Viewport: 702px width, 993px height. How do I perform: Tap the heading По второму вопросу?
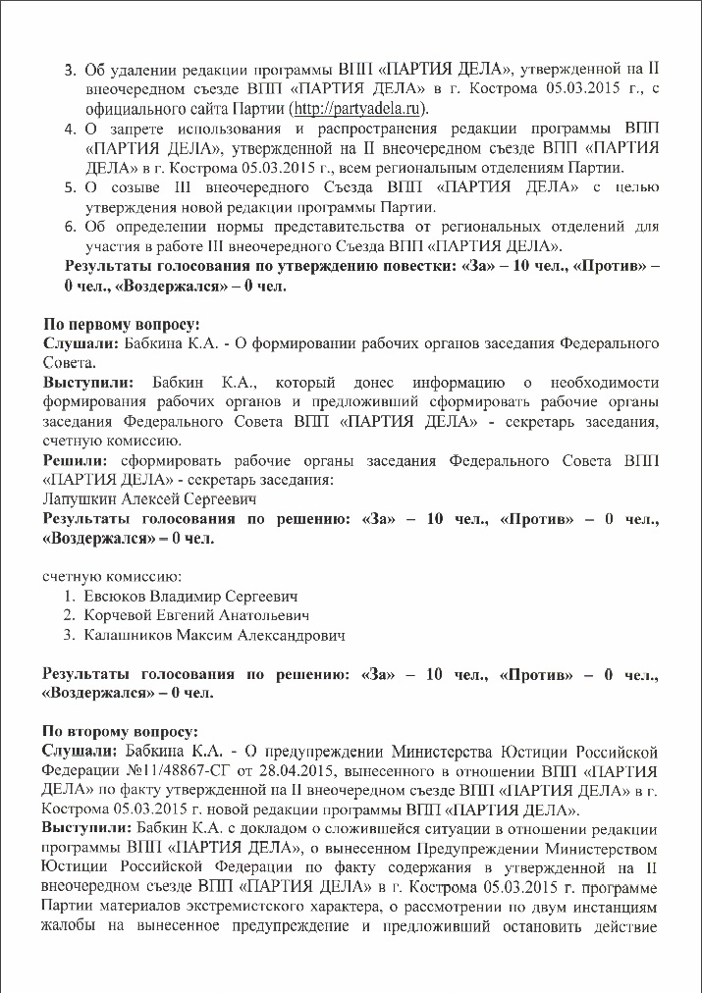(119, 731)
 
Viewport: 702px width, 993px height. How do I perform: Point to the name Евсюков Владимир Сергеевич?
(189, 596)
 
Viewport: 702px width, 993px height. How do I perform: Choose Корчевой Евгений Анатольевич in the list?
(196, 615)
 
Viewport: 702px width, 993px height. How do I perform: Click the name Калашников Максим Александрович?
(214, 636)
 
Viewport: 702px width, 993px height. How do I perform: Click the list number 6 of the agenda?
(70, 226)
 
